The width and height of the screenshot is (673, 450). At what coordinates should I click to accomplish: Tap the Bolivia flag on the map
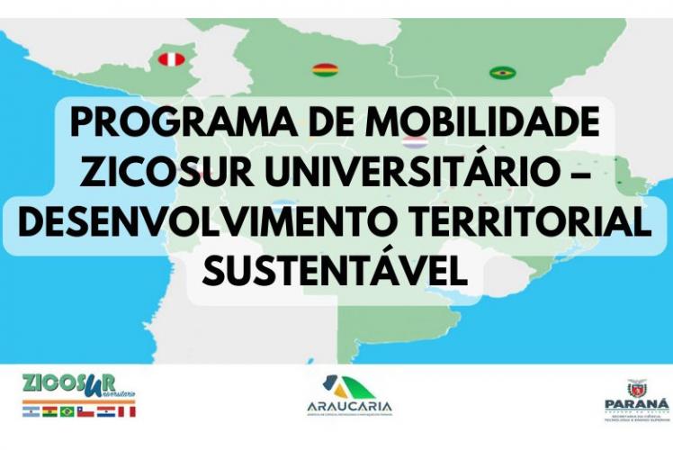[324, 68]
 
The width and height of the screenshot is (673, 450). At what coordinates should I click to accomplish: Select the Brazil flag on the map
[502, 72]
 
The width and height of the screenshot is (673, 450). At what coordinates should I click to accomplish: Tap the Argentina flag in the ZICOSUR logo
[31, 411]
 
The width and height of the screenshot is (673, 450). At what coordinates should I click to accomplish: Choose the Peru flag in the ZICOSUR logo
[125, 411]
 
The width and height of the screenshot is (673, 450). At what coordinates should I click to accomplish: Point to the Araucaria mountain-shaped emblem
[345, 384]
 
